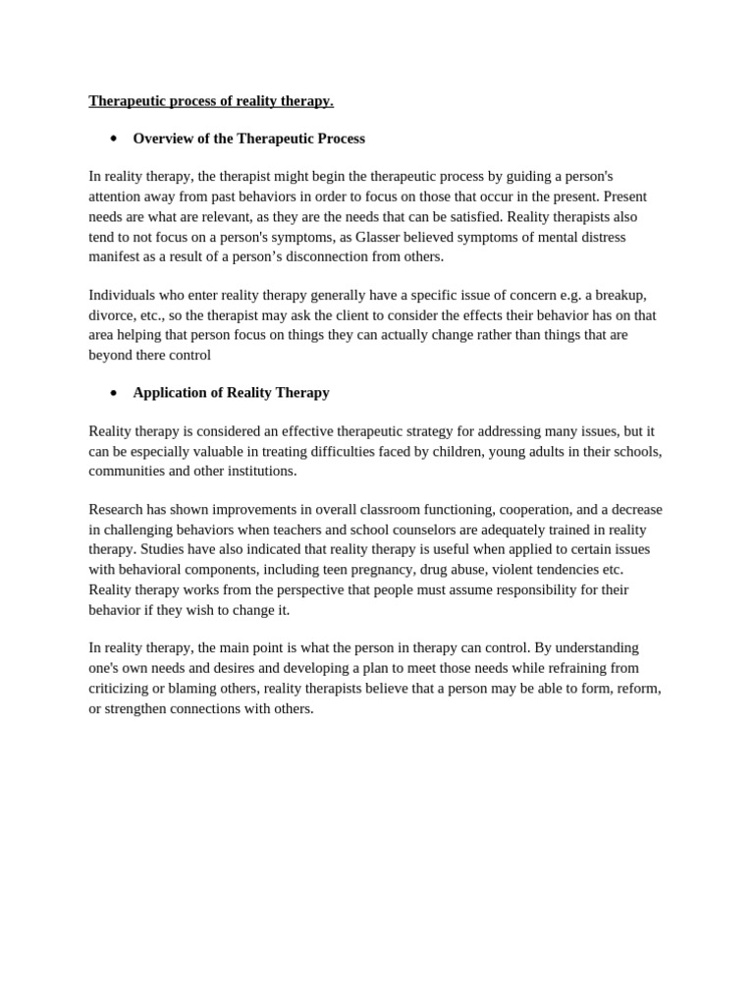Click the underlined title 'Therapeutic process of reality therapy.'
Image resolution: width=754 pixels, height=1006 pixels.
[x=211, y=101]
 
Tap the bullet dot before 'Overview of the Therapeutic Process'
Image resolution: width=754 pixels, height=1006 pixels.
[x=114, y=139]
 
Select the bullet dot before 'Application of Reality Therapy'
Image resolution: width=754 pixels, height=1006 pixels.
[x=114, y=393]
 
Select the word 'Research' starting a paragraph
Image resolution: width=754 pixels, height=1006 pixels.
[x=116, y=509]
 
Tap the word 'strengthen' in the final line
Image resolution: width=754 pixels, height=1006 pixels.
[x=139, y=708]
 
